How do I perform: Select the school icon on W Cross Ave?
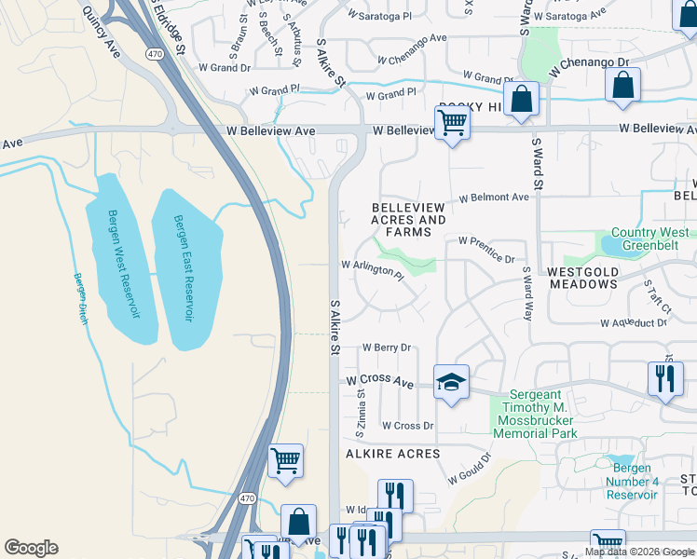click(451, 382)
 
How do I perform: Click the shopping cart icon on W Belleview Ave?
click(452, 122)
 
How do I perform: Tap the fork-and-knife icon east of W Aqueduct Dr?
click(663, 378)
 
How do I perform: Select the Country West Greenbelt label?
click(650, 240)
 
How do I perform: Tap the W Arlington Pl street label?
click(372, 268)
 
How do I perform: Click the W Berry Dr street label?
click(386, 348)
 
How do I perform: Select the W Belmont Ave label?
click(494, 198)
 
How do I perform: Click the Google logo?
click(31, 548)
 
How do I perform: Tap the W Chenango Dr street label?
click(590, 65)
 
